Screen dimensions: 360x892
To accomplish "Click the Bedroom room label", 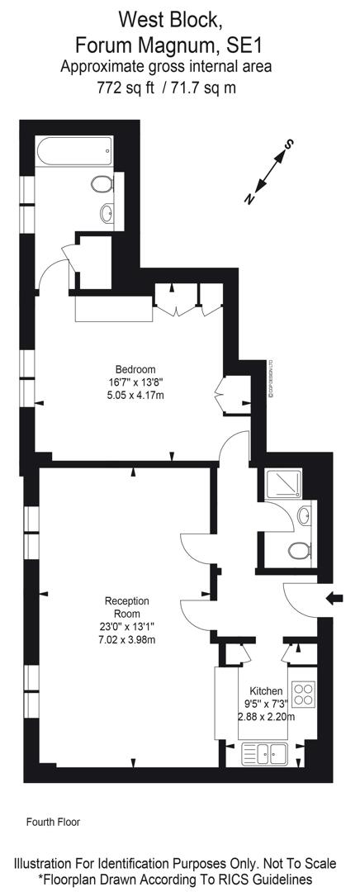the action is point(135,368).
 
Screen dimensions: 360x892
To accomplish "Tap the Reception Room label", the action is point(127,607).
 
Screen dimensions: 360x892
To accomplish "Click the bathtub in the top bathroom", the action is point(74,151).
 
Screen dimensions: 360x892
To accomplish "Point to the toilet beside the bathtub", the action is point(102,183).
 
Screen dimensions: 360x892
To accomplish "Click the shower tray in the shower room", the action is point(280,484).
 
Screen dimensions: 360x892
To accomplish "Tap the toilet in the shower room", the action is point(300,551).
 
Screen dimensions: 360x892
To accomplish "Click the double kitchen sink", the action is point(266,754).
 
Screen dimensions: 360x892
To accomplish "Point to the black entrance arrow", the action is point(334,598).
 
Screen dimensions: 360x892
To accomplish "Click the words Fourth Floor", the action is point(54,822).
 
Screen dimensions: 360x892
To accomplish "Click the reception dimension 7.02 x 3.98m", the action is point(127,640).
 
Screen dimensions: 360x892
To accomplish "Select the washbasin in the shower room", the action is point(304,516).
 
